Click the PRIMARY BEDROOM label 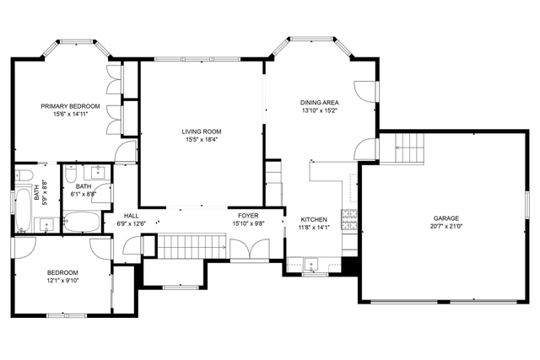(x=70, y=106)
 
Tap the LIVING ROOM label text (x=202, y=132)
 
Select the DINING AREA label (x=319, y=103)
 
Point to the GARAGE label (x=446, y=218)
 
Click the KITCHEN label (x=314, y=219)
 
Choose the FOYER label (x=248, y=216)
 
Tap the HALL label (x=132, y=216)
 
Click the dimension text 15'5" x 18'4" (x=202, y=139)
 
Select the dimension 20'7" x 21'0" (x=446, y=227)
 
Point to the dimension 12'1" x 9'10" (x=63, y=281)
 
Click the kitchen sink (x=311, y=265)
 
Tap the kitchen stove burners (x=349, y=219)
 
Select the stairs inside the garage (x=409, y=148)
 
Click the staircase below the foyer (x=192, y=246)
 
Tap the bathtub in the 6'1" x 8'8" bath (x=82, y=222)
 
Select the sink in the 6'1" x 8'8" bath (x=98, y=172)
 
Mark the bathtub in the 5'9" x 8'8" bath (x=24, y=209)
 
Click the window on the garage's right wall (x=526, y=205)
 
